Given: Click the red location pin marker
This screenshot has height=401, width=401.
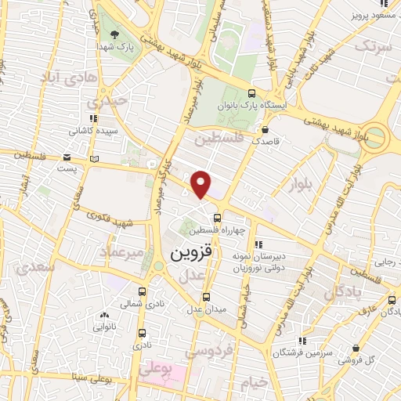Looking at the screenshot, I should click(201, 183).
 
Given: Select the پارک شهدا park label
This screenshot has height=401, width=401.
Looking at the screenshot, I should click(115, 46).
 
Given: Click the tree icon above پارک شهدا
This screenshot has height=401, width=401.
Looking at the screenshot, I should click(115, 34).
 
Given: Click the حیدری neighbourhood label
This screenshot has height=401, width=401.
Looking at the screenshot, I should click(106, 102).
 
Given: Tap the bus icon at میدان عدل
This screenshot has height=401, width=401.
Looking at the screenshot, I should click(207, 297).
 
